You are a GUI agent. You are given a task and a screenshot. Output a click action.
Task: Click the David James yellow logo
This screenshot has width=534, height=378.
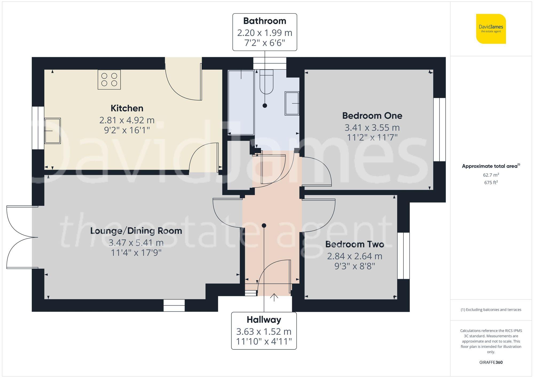pos(491,29)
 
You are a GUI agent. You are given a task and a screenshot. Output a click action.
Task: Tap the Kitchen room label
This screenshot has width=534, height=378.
pos(127,108)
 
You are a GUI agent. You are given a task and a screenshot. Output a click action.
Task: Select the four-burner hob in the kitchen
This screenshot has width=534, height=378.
pos(109,80)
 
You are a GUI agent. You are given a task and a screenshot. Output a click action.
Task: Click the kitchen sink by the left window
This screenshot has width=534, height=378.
pos(52,131)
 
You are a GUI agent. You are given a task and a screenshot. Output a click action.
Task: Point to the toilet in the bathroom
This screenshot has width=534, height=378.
pos(266,82)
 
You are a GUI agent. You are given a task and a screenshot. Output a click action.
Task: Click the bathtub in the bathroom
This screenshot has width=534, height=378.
pos(241,103)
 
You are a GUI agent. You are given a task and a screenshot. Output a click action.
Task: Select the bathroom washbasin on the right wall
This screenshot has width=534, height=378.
pos(292,103)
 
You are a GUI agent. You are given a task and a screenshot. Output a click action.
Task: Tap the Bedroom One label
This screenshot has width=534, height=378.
pos(372,116)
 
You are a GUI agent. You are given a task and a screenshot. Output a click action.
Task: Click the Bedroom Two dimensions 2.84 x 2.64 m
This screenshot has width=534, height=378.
pos(355,256)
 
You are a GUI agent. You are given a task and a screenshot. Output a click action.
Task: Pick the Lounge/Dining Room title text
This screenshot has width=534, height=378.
pos(136,231)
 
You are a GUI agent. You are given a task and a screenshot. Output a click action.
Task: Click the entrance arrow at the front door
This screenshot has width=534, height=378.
pos(274,297)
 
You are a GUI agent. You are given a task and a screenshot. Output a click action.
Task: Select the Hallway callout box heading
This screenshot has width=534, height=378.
pos(264,320)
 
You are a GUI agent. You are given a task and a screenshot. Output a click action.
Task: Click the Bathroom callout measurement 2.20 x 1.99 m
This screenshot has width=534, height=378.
pos(265,33)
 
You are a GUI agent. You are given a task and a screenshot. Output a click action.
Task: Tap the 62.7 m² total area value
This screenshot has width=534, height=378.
pos(491,175)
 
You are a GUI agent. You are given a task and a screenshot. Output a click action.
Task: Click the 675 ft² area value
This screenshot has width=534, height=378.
pos(491,183)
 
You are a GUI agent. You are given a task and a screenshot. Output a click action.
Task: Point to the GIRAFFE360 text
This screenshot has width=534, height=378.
pos(491,363)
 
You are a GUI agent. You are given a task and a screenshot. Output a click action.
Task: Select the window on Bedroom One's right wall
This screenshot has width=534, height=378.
pos(439,130)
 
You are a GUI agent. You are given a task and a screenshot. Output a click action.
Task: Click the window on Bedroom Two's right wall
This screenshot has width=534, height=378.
pos(403,256)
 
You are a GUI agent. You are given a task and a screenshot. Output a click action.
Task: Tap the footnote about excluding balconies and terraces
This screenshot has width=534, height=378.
pos(491,310)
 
